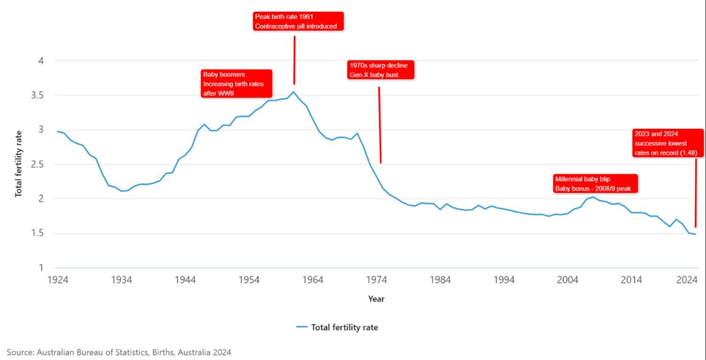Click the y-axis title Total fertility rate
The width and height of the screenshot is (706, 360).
(19, 164)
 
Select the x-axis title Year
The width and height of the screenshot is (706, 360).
(376, 299)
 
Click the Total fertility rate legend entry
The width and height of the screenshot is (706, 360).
(337, 327)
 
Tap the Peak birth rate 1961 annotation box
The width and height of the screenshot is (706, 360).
(298, 21)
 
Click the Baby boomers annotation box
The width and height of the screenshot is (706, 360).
(236, 83)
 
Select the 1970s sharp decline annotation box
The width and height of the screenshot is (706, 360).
(380, 70)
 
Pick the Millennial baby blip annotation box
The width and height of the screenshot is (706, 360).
(595, 184)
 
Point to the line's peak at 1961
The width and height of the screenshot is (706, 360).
(293, 92)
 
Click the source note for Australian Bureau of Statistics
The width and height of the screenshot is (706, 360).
(119, 352)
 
